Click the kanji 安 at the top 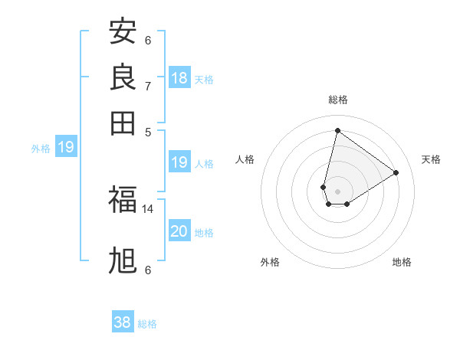(x=123, y=32)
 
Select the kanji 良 (x=123, y=77)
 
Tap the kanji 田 (x=123, y=123)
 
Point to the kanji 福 (x=123, y=200)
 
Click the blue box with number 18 (x=179, y=77)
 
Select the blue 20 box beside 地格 (x=179, y=231)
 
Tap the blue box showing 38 (x=123, y=322)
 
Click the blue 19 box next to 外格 (x=66, y=147)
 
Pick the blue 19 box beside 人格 (x=179, y=162)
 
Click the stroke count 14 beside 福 (x=148, y=208)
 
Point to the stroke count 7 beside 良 (x=148, y=86)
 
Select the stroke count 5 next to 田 (x=148, y=131)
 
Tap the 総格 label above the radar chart (x=337, y=100)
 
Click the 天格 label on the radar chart (x=431, y=159)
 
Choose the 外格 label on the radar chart (x=270, y=262)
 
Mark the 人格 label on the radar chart (x=245, y=159)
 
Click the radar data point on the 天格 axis (x=396, y=172)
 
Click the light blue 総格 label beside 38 (x=147, y=323)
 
